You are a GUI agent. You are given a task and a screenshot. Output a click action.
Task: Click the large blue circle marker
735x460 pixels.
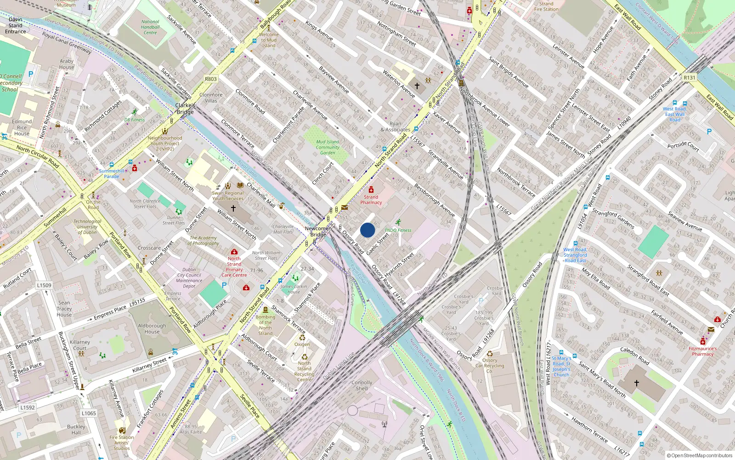[x=367, y=230]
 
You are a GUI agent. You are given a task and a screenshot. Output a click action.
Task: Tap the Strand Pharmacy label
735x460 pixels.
[x=371, y=200]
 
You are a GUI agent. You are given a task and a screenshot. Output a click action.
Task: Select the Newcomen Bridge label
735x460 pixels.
[x=318, y=231]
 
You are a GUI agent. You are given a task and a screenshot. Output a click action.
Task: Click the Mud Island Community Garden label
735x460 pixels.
[x=328, y=147]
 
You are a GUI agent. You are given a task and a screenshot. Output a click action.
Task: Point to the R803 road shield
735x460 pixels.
[x=210, y=79]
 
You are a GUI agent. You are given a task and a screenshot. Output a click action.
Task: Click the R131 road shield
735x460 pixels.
[x=689, y=78]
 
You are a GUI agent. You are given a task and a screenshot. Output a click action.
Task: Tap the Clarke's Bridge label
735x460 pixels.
[x=185, y=109]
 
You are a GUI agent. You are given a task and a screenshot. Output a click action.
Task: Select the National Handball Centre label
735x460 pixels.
[x=150, y=27]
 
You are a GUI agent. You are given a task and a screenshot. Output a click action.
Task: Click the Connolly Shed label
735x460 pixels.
[x=362, y=385]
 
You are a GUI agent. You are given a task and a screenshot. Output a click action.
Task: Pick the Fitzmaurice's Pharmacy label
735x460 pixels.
[x=702, y=351]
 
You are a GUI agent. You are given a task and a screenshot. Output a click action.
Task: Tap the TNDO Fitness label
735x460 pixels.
[x=398, y=230]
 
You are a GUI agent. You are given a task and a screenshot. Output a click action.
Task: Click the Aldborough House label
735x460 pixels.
[x=152, y=328]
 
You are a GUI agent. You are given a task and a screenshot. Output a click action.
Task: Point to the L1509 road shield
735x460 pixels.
[x=44, y=285]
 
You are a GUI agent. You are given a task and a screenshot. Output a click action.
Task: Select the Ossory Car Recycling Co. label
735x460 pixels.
[x=490, y=366]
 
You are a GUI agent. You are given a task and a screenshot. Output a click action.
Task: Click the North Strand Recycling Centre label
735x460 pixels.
[x=304, y=371]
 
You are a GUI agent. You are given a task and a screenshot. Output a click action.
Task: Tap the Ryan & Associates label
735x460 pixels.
[x=395, y=126]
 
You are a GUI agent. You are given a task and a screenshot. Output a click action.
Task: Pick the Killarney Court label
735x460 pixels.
[x=80, y=345]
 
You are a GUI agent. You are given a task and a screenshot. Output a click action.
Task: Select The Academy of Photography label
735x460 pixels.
[x=204, y=241]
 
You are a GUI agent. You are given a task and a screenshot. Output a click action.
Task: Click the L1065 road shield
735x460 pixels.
[x=89, y=413]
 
